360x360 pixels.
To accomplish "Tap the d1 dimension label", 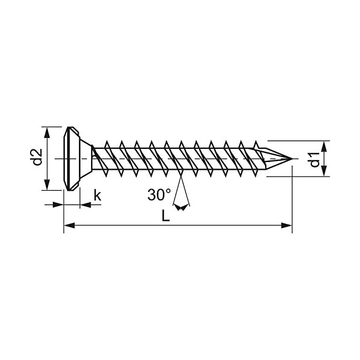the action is [x=313, y=160].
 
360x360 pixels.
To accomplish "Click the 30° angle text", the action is [x=159, y=194].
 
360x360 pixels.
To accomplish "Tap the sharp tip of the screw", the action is [x=292, y=159].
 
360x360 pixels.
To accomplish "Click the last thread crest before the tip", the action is [x=257, y=145].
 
